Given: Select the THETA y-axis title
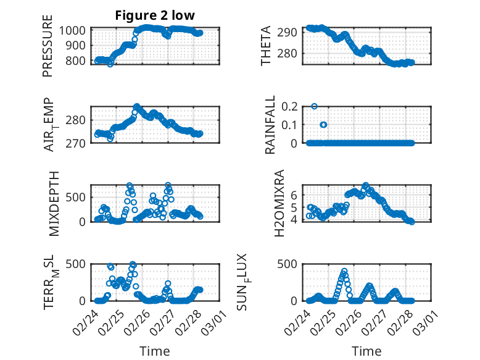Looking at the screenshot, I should coord(266,46).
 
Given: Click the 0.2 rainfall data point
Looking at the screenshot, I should coord(315,106).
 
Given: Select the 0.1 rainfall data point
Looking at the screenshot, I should coord(323,125).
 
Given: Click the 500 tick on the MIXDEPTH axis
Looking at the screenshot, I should coord(77,197).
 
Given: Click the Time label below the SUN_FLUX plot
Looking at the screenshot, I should coord(366,351).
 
